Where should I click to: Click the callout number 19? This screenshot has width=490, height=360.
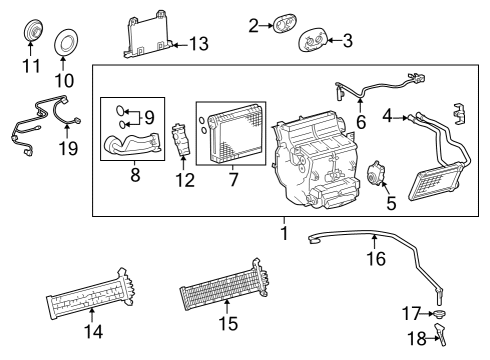coord(68,150)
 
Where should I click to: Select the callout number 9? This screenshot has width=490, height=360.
coord(149,117)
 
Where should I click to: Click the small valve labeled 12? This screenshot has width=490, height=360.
coord(182,141)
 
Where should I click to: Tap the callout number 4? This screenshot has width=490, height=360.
coord(387,117)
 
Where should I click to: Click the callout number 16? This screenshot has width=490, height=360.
coord(374,257)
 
